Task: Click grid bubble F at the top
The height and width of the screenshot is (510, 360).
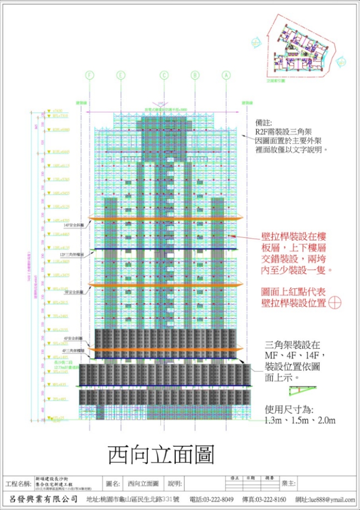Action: coord(90,75)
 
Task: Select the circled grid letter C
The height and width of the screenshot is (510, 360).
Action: coord(164,75)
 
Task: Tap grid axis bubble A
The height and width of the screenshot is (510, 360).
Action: coord(226,75)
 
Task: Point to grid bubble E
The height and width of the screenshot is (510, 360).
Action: coord(121,75)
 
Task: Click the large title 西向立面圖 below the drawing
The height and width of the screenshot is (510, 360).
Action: coord(161,454)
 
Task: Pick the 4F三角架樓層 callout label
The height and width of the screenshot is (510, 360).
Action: coord(72,350)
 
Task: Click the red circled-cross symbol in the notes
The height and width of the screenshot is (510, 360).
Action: coord(335,303)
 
